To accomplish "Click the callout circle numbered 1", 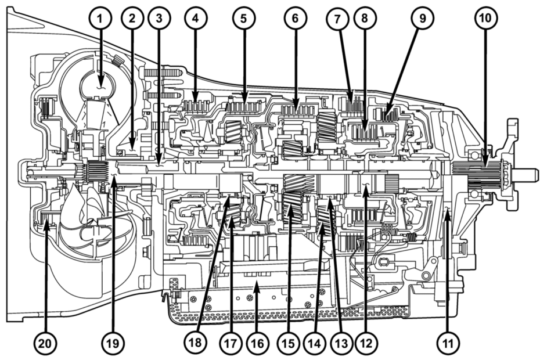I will (100, 19).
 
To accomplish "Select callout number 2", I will (132, 19).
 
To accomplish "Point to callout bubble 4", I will (196, 19).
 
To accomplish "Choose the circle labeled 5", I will (244, 19).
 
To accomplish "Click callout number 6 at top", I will (295, 19).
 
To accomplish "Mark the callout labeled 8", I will (365, 19).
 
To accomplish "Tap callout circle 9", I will (422, 19).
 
